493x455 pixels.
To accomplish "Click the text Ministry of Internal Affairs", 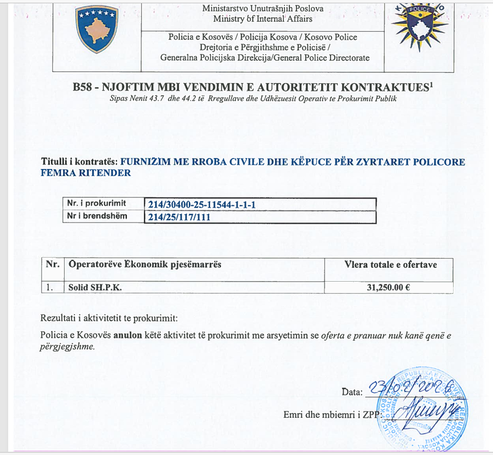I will click(263, 19).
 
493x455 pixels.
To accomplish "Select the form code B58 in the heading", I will click(83, 87).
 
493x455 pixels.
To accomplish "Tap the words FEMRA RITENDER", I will click(86, 173).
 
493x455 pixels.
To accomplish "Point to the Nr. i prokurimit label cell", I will click(96, 203).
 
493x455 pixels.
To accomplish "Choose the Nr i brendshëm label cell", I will click(97, 216).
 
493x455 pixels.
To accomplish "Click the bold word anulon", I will click(128, 335).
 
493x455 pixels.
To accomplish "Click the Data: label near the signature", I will click(352, 392).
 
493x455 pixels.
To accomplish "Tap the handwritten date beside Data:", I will click(410, 388).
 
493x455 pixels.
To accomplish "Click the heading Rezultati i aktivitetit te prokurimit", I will click(109, 318).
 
